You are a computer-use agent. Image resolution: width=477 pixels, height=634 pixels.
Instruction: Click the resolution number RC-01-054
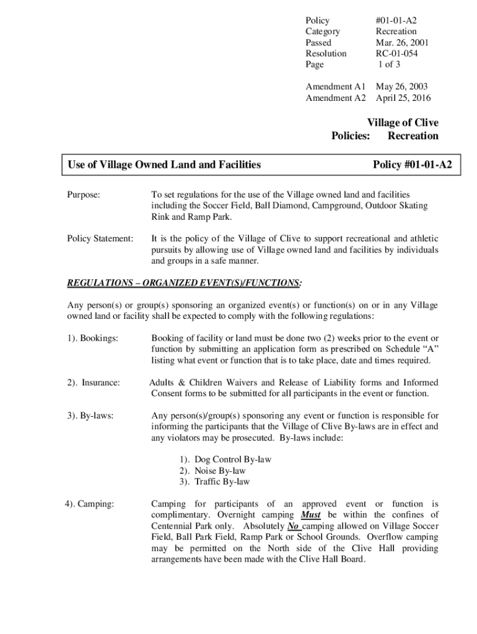(x=396, y=53)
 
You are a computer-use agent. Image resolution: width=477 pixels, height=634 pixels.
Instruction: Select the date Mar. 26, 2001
(x=401, y=42)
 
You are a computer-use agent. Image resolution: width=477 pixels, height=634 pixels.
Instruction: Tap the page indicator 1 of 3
(x=390, y=64)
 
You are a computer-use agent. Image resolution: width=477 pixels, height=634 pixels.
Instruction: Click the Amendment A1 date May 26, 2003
(x=401, y=87)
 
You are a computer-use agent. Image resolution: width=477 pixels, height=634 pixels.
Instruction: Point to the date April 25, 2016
(x=403, y=98)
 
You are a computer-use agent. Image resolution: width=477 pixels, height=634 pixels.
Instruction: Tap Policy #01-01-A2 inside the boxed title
(x=412, y=165)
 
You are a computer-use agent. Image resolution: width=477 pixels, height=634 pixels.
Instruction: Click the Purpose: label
(x=84, y=194)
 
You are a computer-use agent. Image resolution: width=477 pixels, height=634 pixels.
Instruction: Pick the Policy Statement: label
(x=100, y=238)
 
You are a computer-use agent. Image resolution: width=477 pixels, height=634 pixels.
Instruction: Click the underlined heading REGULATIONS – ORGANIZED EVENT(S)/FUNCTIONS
(x=184, y=283)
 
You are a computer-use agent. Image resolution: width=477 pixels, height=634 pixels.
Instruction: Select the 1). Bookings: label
(x=92, y=338)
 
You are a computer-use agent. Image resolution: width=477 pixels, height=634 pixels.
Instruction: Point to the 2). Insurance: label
(x=94, y=383)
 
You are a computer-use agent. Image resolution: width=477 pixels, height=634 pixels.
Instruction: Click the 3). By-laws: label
(x=90, y=416)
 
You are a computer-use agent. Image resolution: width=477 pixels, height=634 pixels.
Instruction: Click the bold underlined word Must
(x=311, y=515)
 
